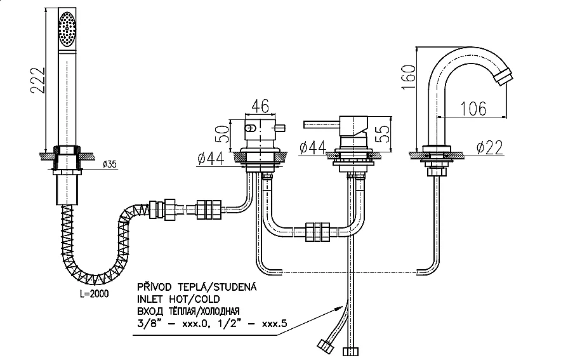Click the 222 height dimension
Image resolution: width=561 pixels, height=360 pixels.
click(37, 81)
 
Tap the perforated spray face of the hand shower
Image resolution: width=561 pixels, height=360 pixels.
click(67, 29)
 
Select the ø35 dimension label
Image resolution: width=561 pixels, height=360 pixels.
click(110, 164)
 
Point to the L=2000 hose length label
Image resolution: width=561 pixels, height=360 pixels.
click(94, 294)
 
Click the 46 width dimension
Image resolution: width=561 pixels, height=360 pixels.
click(260, 105)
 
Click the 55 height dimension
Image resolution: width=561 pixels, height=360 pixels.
click(383, 134)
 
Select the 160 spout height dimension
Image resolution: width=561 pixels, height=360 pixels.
click(409, 77)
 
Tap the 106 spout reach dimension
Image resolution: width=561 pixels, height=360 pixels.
click(473, 109)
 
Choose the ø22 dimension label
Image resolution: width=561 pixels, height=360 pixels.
click(489, 147)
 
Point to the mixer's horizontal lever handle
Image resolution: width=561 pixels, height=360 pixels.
click(321, 124)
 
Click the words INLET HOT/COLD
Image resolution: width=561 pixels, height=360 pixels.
click(178, 299)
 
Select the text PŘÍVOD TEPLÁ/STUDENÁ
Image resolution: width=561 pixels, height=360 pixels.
click(197, 286)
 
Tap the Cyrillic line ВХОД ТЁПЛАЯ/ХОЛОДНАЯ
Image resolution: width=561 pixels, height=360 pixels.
click(188, 311)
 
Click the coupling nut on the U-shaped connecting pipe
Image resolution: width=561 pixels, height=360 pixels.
click(317, 232)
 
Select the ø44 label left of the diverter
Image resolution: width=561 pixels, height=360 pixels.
click(211, 159)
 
